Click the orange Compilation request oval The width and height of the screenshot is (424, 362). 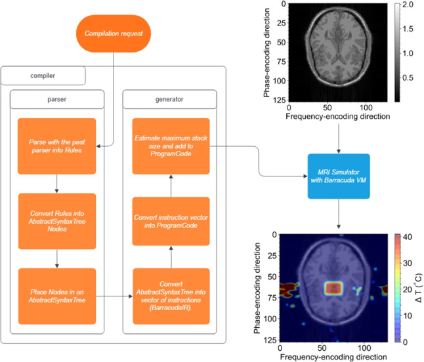coord(114,33)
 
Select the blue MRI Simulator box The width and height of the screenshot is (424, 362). coord(339,176)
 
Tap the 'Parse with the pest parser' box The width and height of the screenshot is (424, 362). coord(57,146)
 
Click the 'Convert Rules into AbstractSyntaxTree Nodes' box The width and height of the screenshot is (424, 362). coord(57,221)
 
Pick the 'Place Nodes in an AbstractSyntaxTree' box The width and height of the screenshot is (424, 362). coord(57,296)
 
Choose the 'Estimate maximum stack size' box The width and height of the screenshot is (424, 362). coord(171,146)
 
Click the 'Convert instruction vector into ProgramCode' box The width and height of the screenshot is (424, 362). coord(171,221)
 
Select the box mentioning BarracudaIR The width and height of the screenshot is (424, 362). coord(171,296)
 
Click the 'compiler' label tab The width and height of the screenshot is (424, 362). coord(43,75)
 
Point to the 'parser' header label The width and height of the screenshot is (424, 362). coord(57,100)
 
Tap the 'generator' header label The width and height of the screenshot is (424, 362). coord(169,100)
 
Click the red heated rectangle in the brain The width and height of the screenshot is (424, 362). coord(334,288)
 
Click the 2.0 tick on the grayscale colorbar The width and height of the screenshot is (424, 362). coord(408,5)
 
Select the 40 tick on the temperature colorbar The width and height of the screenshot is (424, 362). coord(407,237)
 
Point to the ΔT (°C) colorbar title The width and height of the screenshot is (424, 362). coord(418,288)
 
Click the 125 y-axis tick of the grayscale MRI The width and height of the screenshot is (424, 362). coord(280,100)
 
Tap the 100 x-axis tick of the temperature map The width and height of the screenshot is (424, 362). coord(364,348)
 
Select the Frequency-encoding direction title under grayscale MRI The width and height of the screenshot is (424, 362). coord(338,117)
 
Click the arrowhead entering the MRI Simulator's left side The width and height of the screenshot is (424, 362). coord(305,176)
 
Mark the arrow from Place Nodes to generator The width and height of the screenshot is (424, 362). coord(114,296)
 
